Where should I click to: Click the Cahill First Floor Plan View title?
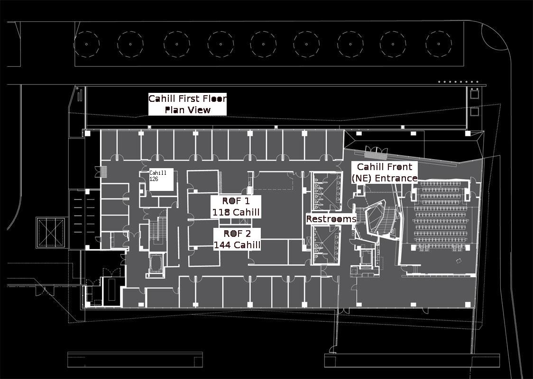click(x=187, y=104)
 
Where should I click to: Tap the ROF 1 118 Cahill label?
click(x=236, y=207)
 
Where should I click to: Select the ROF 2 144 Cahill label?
click(x=237, y=239)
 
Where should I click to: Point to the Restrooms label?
click(x=331, y=219)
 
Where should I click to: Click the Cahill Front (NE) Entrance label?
click(x=385, y=172)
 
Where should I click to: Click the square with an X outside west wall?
click(x=49, y=233)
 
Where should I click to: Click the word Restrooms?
click(x=331, y=219)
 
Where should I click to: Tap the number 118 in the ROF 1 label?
click(x=221, y=212)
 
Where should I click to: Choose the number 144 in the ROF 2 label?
click(x=223, y=245)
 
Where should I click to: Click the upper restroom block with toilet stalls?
click(x=327, y=191)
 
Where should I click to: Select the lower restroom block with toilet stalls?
click(x=326, y=244)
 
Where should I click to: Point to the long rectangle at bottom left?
click(x=131, y=360)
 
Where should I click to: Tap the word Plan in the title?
click(x=174, y=110)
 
